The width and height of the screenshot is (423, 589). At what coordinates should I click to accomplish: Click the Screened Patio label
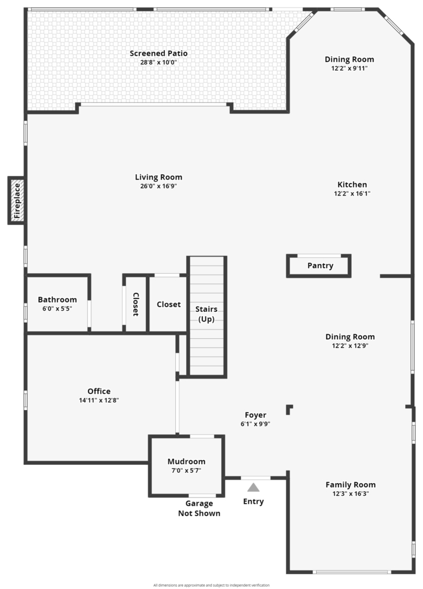pyautogui.click(x=159, y=53)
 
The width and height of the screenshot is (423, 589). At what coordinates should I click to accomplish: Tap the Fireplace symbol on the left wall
pyautogui.click(x=17, y=201)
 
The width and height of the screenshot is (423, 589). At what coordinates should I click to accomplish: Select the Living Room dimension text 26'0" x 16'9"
pyautogui.click(x=159, y=186)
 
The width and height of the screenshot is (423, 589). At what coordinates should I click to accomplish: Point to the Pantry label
pyautogui.click(x=320, y=266)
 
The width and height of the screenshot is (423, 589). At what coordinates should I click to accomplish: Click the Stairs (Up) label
pyautogui.click(x=206, y=314)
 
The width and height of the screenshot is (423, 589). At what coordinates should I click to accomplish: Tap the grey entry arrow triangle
pyautogui.click(x=253, y=487)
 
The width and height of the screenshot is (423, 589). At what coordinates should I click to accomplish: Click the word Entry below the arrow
pyautogui.click(x=253, y=502)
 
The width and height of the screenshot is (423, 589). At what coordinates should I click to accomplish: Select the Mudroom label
pyautogui.click(x=186, y=461)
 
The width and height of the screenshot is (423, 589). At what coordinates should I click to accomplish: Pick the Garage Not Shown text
pyautogui.click(x=199, y=508)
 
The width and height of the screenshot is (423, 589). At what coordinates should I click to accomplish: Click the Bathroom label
pyautogui.click(x=57, y=299)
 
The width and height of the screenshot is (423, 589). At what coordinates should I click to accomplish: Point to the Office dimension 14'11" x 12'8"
pyautogui.click(x=99, y=400)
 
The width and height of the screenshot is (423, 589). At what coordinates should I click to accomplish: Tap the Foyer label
pyautogui.click(x=255, y=415)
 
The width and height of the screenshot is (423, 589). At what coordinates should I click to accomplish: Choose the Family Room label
pyautogui.click(x=351, y=484)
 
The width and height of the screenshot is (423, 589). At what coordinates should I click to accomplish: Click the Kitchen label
pyautogui.click(x=352, y=185)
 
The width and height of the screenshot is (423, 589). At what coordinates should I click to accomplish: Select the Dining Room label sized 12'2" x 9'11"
pyautogui.click(x=349, y=59)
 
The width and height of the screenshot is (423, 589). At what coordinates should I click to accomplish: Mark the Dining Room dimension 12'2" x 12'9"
pyautogui.click(x=350, y=346)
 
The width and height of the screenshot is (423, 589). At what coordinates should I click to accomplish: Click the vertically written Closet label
pyautogui.click(x=136, y=304)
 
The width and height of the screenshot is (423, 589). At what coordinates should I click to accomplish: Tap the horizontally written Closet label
pyautogui.click(x=168, y=304)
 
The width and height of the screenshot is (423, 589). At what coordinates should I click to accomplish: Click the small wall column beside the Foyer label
pyautogui.click(x=289, y=409)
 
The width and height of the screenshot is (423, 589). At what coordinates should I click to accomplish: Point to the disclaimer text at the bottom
pyautogui.click(x=211, y=585)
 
